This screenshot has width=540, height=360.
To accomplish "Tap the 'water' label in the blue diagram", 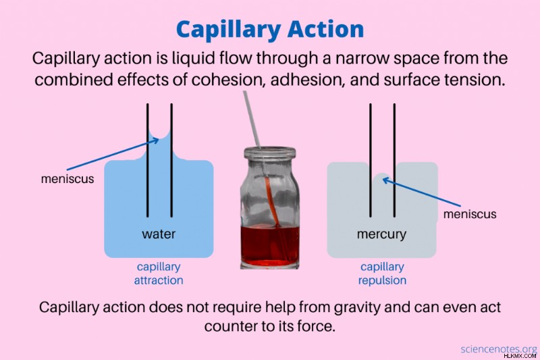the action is pos(159,234).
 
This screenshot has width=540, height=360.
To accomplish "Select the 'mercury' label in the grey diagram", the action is pos(381,234).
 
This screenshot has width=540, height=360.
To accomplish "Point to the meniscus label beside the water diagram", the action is pos(67,179).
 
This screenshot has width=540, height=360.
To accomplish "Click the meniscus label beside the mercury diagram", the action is pos(470,214).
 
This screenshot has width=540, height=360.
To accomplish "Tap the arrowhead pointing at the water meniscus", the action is pos(156,140).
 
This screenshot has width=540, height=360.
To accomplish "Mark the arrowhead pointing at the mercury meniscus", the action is pos(386,180).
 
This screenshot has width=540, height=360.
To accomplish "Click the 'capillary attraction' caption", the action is pos(159,273).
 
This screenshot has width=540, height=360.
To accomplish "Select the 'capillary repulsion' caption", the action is pos(382,273).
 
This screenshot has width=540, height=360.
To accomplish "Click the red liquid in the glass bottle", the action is pos(269,245).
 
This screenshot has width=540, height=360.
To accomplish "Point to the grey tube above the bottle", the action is pos(251,119).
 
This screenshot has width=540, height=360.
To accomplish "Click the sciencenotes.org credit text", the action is pos(499,349).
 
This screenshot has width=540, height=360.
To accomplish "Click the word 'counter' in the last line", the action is pos(229,326).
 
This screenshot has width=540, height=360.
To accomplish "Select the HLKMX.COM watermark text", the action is pos(520,356).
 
